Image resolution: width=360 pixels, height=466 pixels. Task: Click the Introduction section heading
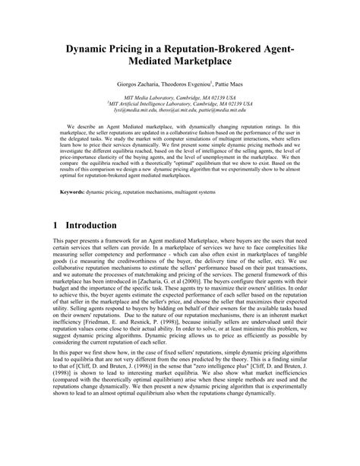tap(90, 226)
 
